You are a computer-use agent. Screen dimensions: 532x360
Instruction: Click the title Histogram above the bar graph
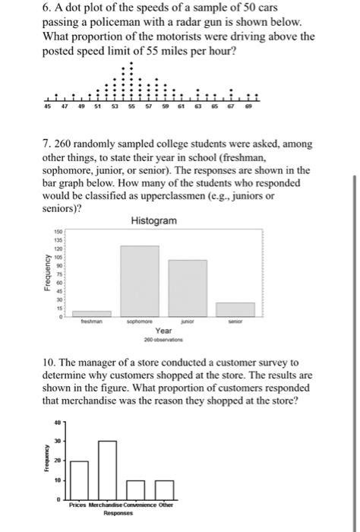tap(154, 220)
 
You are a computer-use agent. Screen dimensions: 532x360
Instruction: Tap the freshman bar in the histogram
tap(91, 313)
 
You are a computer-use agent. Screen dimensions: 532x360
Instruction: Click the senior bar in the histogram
tap(235, 309)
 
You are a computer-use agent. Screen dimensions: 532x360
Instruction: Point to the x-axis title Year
tap(163, 331)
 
